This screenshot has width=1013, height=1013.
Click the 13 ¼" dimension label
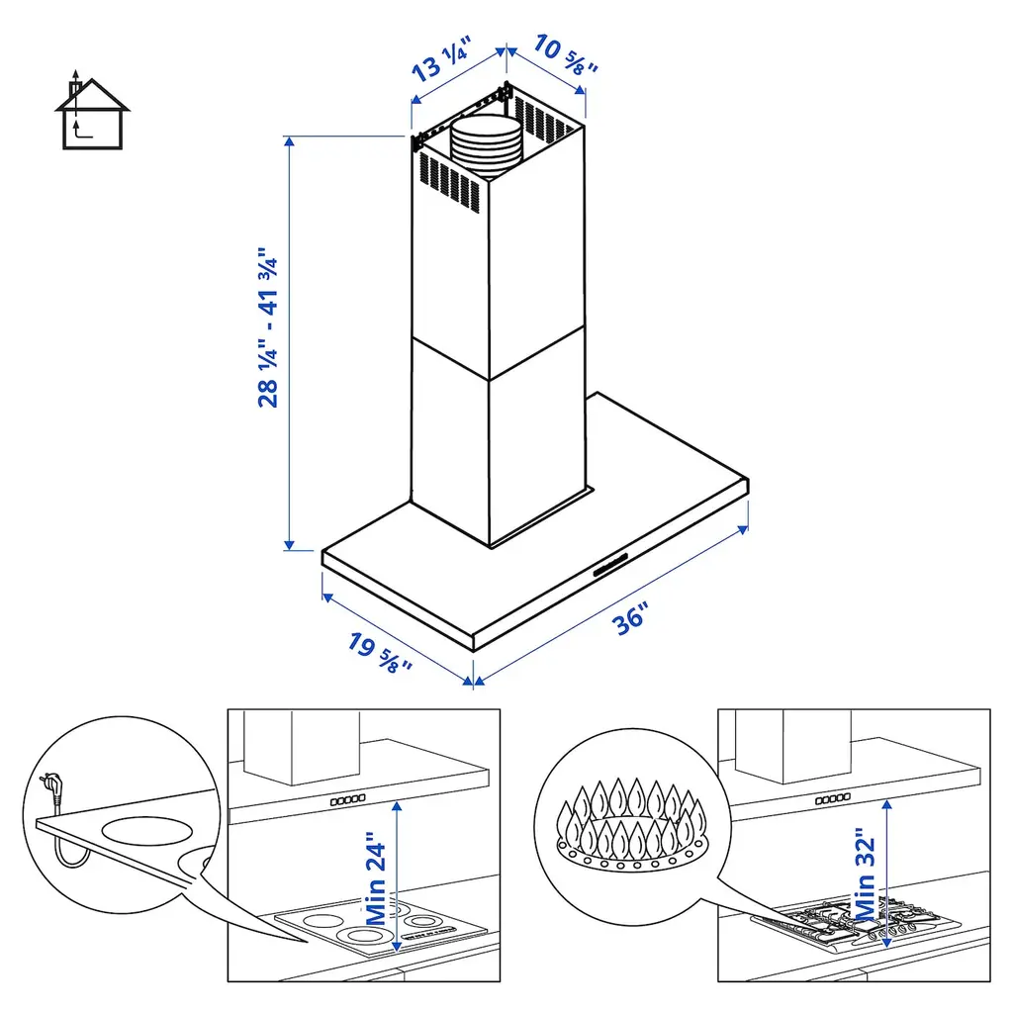pos(442,59)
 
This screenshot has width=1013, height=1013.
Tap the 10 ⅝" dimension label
pos(566,55)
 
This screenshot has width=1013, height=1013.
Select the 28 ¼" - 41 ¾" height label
pos(267,326)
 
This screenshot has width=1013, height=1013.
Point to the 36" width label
pos(629,619)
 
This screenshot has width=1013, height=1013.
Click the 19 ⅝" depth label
pos(380,653)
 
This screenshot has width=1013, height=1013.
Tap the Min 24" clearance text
pos(375,878)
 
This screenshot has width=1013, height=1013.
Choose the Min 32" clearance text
pos(865,875)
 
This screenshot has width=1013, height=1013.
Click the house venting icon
pos(92,110)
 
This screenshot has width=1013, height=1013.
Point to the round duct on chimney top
pos(485,146)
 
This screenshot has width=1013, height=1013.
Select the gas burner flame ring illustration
pos(632,824)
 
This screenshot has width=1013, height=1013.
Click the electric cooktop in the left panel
pos(381,926)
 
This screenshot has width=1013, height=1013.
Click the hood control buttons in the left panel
pos(348,799)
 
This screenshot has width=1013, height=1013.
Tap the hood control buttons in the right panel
pos(833,799)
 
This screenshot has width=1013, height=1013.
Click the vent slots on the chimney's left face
pos(450,182)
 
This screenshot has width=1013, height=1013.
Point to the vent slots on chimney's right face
pos(545,119)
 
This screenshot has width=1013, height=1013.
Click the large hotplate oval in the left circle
pos(147,831)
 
